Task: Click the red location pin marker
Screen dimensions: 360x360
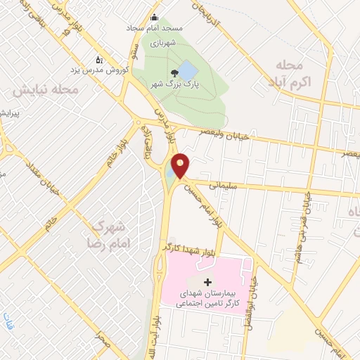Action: click(x=181, y=165)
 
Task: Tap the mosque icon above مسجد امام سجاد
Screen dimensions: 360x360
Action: click(x=155, y=18)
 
